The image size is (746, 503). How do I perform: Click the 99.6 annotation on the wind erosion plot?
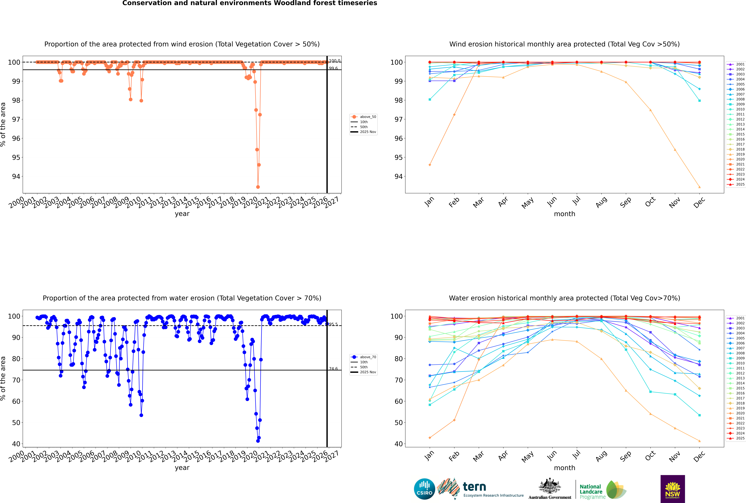point(333,68)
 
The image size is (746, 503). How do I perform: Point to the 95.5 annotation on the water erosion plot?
point(333,324)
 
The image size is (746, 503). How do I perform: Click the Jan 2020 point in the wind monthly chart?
point(430,165)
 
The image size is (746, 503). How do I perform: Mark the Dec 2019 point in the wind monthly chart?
point(700,187)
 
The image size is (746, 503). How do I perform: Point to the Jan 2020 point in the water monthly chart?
point(430,438)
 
